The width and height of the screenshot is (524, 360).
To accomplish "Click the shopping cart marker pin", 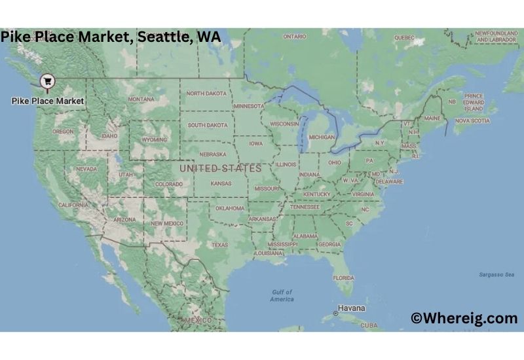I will [47, 81].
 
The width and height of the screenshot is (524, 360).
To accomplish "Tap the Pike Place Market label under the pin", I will [48, 101].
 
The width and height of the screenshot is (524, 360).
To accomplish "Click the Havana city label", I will [352, 307].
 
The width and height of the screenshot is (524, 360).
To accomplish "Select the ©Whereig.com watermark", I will [464, 318].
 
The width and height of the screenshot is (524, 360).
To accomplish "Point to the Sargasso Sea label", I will [496, 275].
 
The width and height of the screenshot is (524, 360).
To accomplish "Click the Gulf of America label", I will [282, 295].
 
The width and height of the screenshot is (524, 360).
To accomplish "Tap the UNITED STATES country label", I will [220, 168].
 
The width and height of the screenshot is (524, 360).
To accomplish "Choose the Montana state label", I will [141, 99].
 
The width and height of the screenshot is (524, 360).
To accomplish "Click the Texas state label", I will [219, 245].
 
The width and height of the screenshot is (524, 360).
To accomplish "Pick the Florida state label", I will [343, 278].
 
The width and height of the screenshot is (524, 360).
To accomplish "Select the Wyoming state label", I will [154, 139].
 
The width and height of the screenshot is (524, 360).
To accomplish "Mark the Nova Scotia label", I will [472, 120].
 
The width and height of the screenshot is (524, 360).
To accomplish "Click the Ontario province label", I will [295, 37].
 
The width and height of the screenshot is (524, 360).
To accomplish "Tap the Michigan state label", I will [321, 137].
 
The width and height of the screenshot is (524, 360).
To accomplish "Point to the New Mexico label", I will [167, 223].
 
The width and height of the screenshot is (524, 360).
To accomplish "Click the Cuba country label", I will [369, 325].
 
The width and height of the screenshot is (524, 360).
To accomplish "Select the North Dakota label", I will [206, 94].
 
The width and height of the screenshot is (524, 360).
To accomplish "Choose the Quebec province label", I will [404, 37].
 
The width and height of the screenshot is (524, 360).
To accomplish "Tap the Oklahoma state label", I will [230, 208].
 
